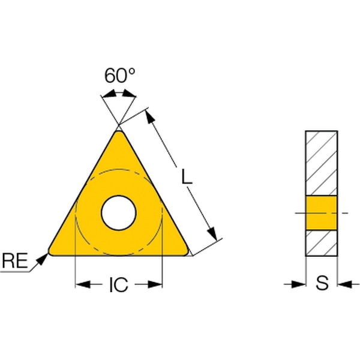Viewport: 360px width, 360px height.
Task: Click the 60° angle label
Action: [119, 76]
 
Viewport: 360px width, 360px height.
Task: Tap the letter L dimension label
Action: [187, 176]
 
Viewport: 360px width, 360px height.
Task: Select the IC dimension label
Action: [118, 284]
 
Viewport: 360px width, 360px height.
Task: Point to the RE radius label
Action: [15, 260]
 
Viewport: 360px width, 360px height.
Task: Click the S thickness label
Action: [322, 283]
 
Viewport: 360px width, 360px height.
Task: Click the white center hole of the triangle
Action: [119, 213]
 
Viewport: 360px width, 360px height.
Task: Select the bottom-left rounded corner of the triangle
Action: [50, 253]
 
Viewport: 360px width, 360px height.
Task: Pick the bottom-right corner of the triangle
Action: [187, 252]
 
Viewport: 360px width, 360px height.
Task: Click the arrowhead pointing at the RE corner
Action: [42, 259]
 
